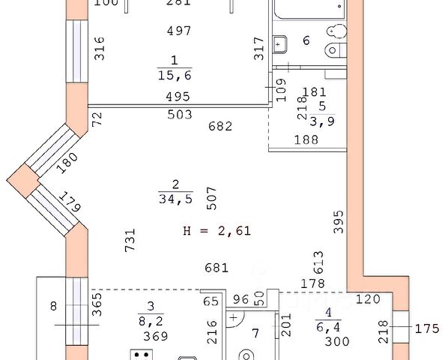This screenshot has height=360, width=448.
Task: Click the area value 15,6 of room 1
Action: [175, 76]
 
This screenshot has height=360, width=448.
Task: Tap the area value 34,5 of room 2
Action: [176, 199]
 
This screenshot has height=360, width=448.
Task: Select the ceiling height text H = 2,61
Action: [217, 230]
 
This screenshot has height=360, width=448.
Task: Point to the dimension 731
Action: [130, 240]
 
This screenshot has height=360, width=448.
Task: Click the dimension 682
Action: [220, 126]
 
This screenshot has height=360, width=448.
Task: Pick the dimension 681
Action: [217, 268]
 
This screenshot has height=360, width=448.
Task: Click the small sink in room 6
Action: [280, 44]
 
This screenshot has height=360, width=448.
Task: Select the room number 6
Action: [306, 40]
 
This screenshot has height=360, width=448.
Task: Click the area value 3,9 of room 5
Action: [322, 121]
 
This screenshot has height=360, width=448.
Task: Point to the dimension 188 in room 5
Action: [306, 139]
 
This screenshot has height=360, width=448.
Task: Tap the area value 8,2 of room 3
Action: [151, 322]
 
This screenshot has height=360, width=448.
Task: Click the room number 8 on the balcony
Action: [53, 306]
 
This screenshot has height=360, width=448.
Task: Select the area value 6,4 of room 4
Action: [329, 327]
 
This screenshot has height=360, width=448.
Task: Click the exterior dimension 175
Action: [427, 328]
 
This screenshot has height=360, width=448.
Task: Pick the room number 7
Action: [255, 333]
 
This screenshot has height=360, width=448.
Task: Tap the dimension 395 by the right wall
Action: [339, 222]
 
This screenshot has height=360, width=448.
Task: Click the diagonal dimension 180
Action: [67, 163]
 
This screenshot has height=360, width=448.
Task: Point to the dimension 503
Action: [180, 115]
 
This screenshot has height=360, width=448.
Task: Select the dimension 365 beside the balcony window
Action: [97, 304]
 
